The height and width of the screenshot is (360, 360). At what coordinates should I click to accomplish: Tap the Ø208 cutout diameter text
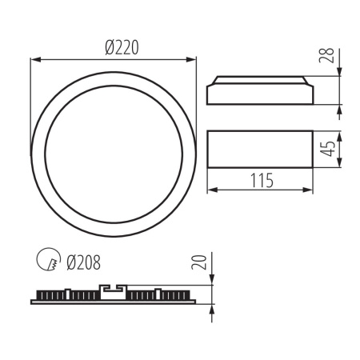coord(83,260)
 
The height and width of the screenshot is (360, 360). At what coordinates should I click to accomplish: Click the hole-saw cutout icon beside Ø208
coord(48,260)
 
